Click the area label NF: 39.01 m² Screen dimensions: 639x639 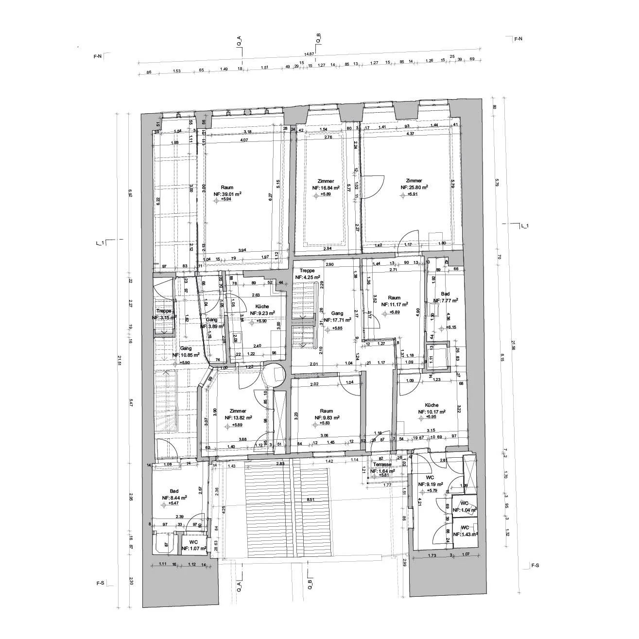227,193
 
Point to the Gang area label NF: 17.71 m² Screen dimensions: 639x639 337,320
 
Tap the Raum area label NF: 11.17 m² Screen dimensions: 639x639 394,305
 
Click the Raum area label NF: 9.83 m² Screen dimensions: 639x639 327,417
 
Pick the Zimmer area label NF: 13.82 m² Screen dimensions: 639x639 238,417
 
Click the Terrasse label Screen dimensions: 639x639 382,465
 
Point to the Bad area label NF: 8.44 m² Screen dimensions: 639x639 174,498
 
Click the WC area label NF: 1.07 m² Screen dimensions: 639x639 194,548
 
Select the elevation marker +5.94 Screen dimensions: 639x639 225,199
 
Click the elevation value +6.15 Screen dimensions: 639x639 451,328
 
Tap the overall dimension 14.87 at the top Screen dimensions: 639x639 310,54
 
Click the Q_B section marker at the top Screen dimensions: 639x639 319,38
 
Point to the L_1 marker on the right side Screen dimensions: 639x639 525,226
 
